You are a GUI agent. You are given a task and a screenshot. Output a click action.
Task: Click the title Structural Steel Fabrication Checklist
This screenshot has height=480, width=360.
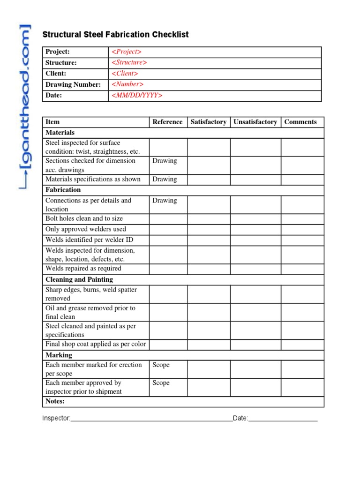[x=115, y=35]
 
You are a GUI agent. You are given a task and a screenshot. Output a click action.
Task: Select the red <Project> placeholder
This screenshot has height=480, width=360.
[x=126, y=52]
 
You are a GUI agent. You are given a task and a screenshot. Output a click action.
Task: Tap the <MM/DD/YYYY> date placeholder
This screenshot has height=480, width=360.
[x=137, y=96]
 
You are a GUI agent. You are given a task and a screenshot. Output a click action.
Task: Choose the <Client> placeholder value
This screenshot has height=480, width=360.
[x=125, y=74]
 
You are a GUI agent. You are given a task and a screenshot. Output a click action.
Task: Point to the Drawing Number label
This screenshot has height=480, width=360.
[x=73, y=85]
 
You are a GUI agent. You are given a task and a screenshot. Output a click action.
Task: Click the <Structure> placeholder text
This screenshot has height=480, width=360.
[x=129, y=63]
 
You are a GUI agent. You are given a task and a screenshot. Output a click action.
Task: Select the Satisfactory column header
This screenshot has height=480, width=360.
[x=209, y=122]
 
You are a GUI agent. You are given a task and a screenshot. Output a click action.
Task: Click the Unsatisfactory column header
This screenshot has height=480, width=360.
[x=255, y=122]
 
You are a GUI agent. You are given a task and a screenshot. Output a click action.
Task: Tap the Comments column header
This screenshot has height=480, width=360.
[x=300, y=122]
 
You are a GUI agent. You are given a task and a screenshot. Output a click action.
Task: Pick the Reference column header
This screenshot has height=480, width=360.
[x=167, y=122]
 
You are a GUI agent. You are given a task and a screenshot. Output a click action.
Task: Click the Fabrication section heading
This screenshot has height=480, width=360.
[x=63, y=190]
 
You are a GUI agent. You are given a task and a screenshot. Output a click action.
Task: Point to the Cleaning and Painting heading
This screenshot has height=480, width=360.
[x=79, y=279]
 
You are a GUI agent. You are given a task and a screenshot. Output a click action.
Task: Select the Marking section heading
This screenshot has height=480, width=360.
[x=59, y=355]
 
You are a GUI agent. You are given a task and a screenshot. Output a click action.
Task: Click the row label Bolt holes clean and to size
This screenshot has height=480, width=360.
[x=84, y=218]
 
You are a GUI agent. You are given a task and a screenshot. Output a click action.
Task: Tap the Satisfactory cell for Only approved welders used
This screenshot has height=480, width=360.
[x=209, y=229]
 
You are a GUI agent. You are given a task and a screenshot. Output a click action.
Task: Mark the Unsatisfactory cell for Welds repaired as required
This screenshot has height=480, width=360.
[x=255, y=269]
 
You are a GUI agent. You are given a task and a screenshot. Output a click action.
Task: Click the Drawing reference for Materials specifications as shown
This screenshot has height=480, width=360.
[x=165, y=179]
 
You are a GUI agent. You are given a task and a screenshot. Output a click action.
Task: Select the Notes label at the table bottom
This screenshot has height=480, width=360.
[x=55, y=401]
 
